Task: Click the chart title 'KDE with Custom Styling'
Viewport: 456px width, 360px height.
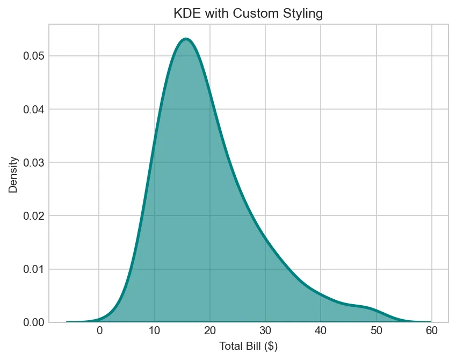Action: [x=248, y=13]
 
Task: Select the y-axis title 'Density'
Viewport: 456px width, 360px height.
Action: [x=14, y=175]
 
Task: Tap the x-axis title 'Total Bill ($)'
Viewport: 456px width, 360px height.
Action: [x=248, y=346]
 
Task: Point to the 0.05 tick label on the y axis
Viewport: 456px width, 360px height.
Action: [x=33, y=56]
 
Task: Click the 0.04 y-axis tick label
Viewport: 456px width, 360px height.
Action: [x=33, y=109]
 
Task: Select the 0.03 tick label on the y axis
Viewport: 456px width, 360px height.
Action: [x=33, y=162]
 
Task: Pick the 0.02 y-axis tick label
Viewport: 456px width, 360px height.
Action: [x=33, y=215]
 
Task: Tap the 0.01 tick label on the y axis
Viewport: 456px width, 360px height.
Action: [x=33, y=269]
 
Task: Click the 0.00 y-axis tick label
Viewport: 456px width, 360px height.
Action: [x=33, y=322]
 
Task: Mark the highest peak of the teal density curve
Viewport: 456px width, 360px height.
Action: [x=186, y=39]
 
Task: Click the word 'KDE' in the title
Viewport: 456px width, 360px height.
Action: [x=185, y=13]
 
